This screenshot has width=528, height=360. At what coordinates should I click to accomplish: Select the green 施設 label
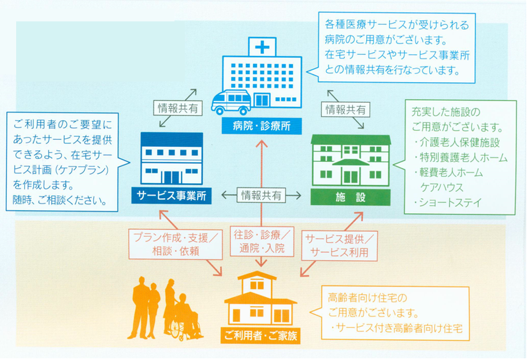[x=351, y=196]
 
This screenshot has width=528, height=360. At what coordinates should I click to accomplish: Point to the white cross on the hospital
[x=263, y=46]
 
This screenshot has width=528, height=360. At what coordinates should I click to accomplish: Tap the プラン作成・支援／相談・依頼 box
[x=174, y=244]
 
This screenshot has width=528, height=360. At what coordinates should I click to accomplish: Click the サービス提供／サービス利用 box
[x=340, y=245]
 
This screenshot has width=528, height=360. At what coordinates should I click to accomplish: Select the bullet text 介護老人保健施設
[x=456, y=142]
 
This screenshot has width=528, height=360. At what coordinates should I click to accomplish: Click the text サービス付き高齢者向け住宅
[x=399, y=328]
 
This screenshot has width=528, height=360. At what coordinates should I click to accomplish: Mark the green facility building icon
[x=351, y=159]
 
